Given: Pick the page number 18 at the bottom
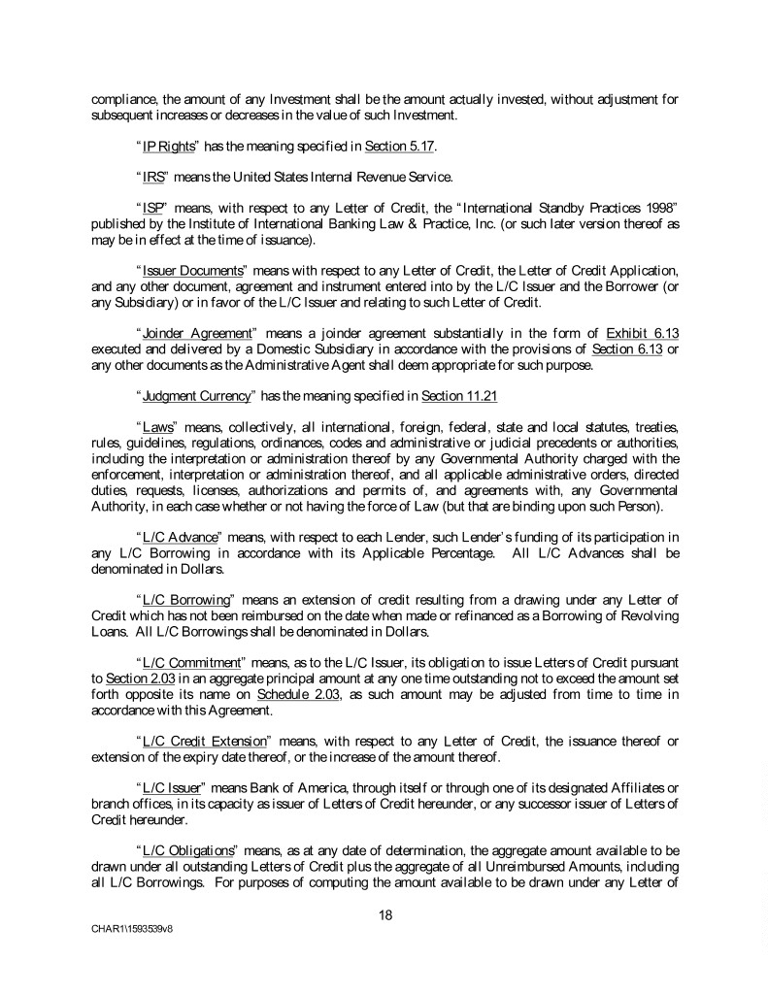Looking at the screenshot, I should click(385, 913).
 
